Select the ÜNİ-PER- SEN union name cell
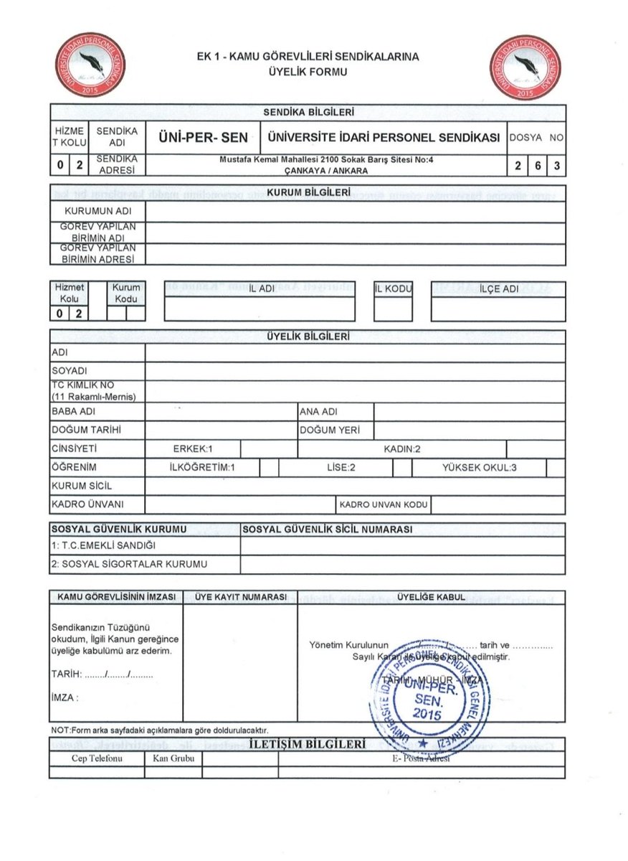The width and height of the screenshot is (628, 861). coord(202,138)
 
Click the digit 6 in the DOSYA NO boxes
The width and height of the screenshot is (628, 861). coord(536,166)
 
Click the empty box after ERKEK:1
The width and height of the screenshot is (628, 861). coord(269,449)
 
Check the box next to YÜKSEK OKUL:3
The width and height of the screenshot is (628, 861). coord(556,468)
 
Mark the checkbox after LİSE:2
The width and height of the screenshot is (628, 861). coord(402,468)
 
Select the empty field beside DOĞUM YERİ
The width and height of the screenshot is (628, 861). coord(470,430)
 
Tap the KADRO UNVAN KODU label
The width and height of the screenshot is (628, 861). coord(384,505)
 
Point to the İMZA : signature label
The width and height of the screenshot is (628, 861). coord(65,697)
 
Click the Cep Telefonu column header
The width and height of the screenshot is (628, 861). coord(96,758)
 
